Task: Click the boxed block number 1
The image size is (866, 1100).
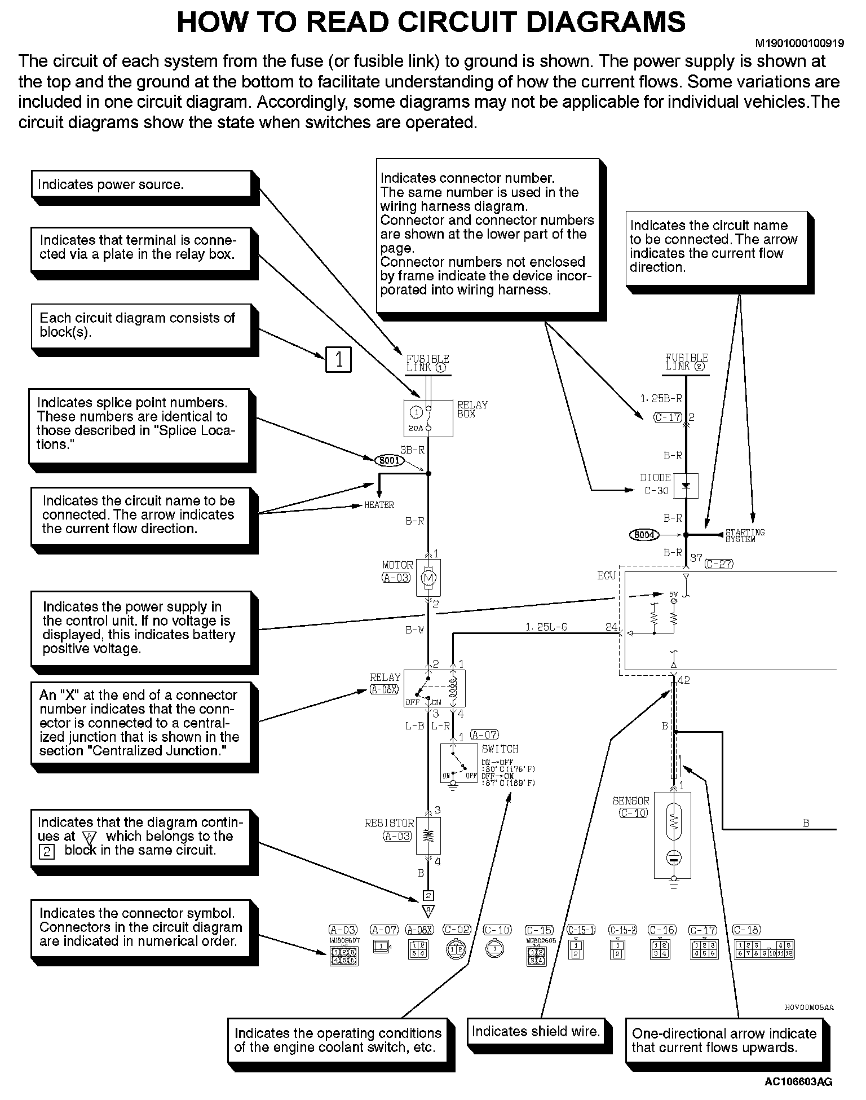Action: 338,359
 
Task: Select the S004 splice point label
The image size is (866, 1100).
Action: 644,534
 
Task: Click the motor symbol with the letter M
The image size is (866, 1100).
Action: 428,577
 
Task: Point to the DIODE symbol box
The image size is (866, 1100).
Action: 686,486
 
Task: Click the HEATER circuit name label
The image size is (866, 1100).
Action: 379,505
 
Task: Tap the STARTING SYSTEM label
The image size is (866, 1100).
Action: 744,535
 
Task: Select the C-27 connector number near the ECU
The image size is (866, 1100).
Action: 719,564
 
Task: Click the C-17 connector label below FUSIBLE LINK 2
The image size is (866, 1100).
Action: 668,417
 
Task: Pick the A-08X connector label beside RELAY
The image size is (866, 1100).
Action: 384,689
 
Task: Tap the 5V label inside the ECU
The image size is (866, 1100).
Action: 673,594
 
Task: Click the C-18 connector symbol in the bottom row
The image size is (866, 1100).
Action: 765,950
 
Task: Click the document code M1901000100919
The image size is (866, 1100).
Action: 799,43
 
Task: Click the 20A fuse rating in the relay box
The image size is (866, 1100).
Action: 415,428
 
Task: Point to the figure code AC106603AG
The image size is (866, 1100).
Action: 798,1082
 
